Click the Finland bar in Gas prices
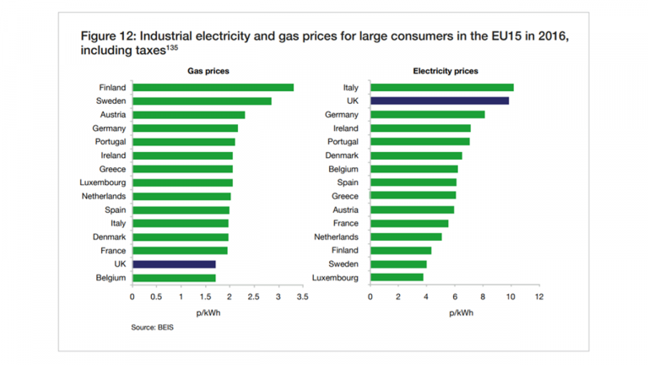click(213, 87)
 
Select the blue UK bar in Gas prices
click(174, 264)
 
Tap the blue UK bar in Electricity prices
click(439, 101)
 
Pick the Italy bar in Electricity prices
click(441, 87)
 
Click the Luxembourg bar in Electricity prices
click(397, 277)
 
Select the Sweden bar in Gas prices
click(202, 101)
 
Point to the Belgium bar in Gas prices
click(174, 278)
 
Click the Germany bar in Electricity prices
click(427, 114)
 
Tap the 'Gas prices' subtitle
click(208, 71)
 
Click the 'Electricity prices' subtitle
click(445, 71)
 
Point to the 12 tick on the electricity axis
click(538, 297)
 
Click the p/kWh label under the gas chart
click(208, 312)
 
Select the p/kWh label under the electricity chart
click(462, 312)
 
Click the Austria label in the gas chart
click(112, 115)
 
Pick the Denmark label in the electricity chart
click(342, 155)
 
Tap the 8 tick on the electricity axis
click(483, 297)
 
